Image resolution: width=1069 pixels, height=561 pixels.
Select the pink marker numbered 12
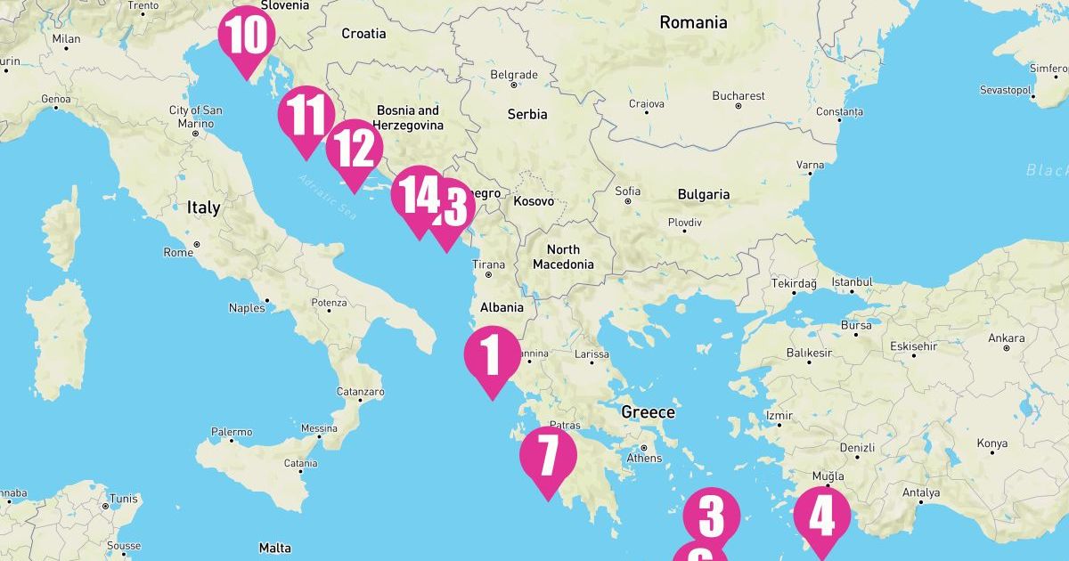pyautogui.click(x=355, y=150)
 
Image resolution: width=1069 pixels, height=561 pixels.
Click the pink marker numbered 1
pyautogui.click(x=492, y=356)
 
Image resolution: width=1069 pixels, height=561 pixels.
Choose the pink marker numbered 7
pyautogui.click(x=548, y=456)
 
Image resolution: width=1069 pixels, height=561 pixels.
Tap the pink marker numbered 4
pyautogui.click(x=821, y=517)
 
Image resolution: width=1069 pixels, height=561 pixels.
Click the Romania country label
pyautogui.click(x=693, y=23)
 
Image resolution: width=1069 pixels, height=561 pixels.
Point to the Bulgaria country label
pyautogui.click(x=704, y=194)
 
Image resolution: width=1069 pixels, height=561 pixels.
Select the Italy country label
pyautogui.click(x=203, y=207)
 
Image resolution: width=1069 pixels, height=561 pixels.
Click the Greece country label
pyautogui.click(x=648, y=412)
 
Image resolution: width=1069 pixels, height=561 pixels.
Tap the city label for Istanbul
pyautogui.click(x=852, y=282)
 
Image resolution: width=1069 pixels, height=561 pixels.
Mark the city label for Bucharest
pyautogui.click(x=738, y=95)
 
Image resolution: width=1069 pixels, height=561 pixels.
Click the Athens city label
pyautogui.click(x=644, y=458)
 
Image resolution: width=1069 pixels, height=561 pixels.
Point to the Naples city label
pyautogui.click(x=247, y=308)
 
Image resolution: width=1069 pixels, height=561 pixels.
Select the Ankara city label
pyautogui.click(x=1006, y=338)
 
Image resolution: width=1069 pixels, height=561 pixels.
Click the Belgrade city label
pyautogui.click(x=514, y=75)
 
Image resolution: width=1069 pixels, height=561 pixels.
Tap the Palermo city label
pyautogui.click(x=232, y=432)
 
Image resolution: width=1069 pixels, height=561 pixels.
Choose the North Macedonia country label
pyautogui.click(x=563, y=256)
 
